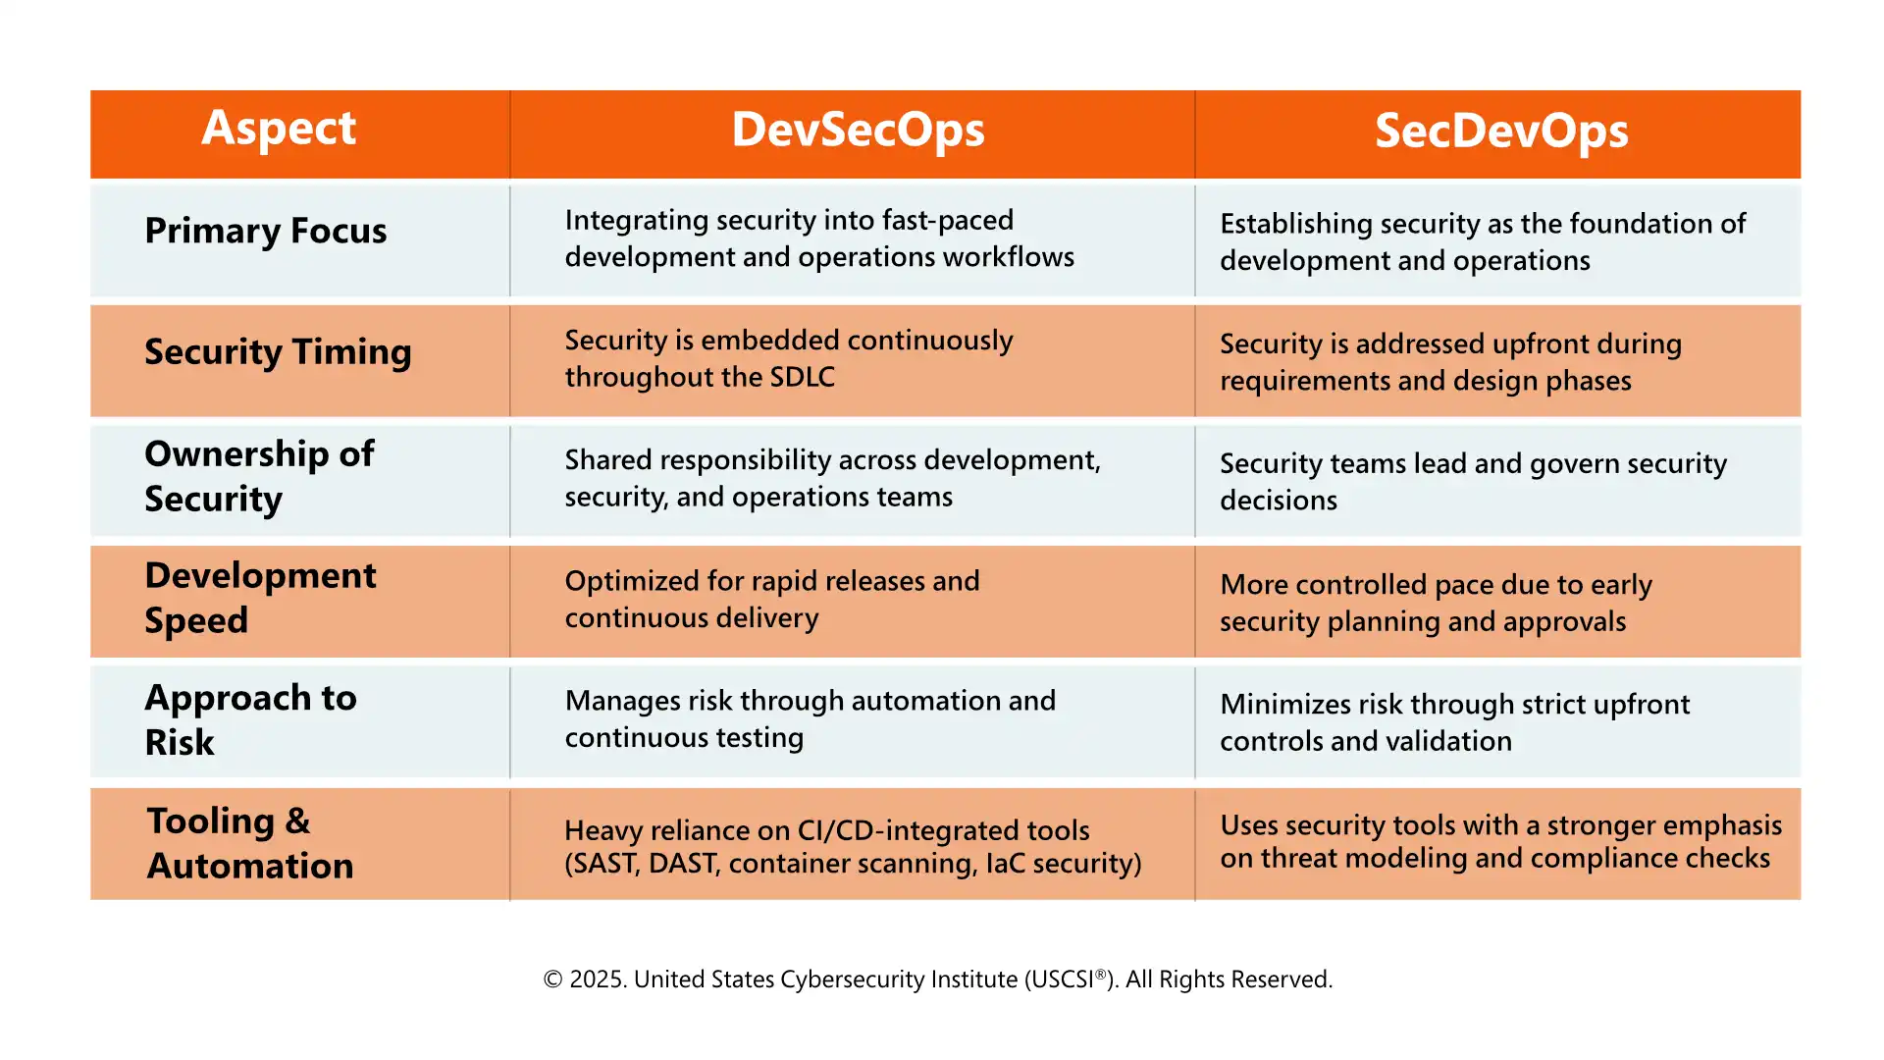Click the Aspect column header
tap(279, 129)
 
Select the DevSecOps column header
tap(858, 131)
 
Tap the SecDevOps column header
tap(1500, 132)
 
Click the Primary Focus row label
tap(265, 231)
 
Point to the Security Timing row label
tap(278, 352)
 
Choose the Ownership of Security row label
tap(259, 476)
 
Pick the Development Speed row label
tap(260, 598)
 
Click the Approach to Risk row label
tap(250, 719)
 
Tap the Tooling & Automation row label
tap(250, 843)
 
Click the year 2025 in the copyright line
tap(597, 980)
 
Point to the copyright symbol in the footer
tap(553, 980)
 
